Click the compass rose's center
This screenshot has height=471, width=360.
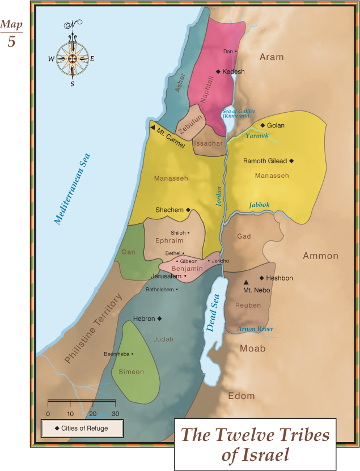coord(72,58)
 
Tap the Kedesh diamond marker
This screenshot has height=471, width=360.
coord(218,71)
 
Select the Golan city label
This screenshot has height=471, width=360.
coord(276,125)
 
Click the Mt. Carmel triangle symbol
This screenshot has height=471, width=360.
coord(153,128)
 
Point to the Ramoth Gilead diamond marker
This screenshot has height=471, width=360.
coord(292,161)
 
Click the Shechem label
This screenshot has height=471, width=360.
coord(170,210)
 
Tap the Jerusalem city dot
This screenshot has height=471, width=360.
coord(185,276)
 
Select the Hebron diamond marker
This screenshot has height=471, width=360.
coord(160,319)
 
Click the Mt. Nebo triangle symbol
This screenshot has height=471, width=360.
coord(246,282)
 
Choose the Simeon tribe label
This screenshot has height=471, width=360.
coord(131,372)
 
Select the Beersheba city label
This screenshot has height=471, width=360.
coord(117,354)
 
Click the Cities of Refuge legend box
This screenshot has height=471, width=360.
coord(83,428)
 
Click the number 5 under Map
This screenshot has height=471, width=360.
coord(11,42)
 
